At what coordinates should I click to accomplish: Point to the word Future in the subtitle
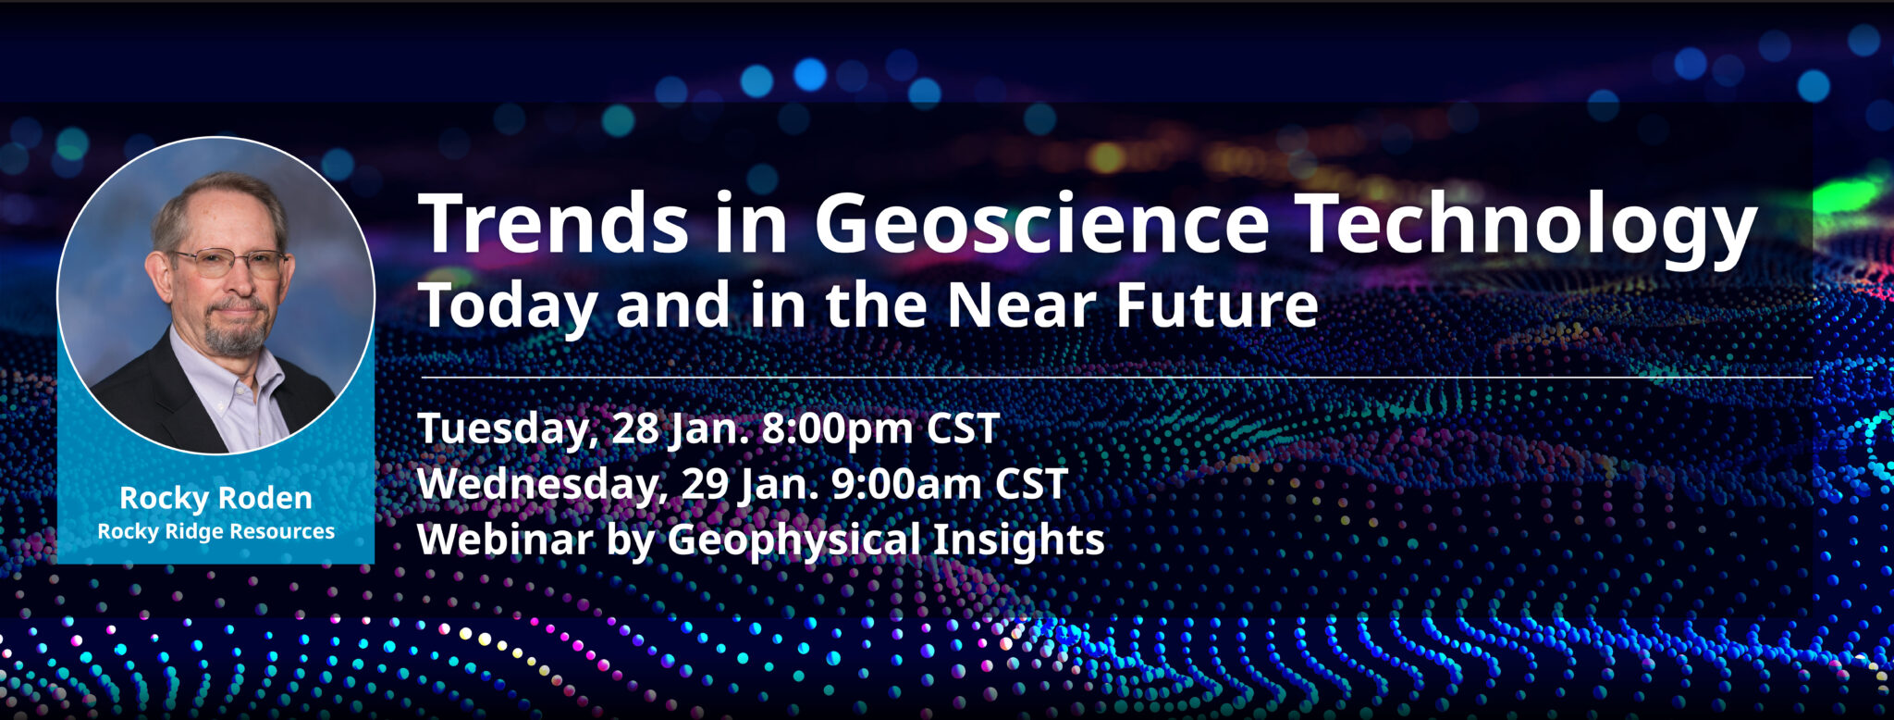coord(1217,305)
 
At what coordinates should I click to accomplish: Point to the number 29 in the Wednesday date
coord(705,484)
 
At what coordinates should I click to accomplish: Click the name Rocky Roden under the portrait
coord(215,498)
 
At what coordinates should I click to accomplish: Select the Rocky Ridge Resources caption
coord(215,531)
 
